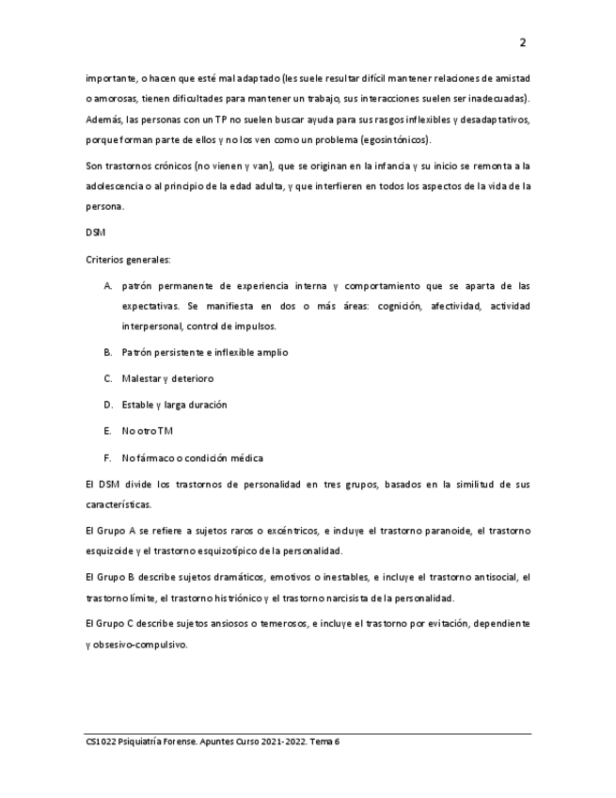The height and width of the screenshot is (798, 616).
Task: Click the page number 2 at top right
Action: tap(523, 42)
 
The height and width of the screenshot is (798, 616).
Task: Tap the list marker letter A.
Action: tap(108, 285)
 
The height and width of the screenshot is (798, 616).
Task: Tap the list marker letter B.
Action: tap(108, 352)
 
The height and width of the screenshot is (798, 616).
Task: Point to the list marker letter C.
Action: tap(108, 378)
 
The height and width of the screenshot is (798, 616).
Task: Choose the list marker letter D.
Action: tap(108, 405)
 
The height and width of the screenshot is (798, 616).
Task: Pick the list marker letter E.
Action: tap(108, 431)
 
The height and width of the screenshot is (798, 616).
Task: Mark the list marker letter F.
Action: tap(108, 458)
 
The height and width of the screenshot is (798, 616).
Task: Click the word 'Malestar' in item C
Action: tap(140, 378)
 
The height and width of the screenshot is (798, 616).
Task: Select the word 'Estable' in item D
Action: tap(137, 405)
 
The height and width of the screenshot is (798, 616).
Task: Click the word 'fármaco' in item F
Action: tap(153, 458)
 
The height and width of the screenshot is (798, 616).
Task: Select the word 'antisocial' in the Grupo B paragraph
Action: tap(495, 577)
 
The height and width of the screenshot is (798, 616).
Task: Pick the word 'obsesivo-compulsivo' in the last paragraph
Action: tap(140, 645)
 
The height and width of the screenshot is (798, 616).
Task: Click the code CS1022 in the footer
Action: tap(100, 742)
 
